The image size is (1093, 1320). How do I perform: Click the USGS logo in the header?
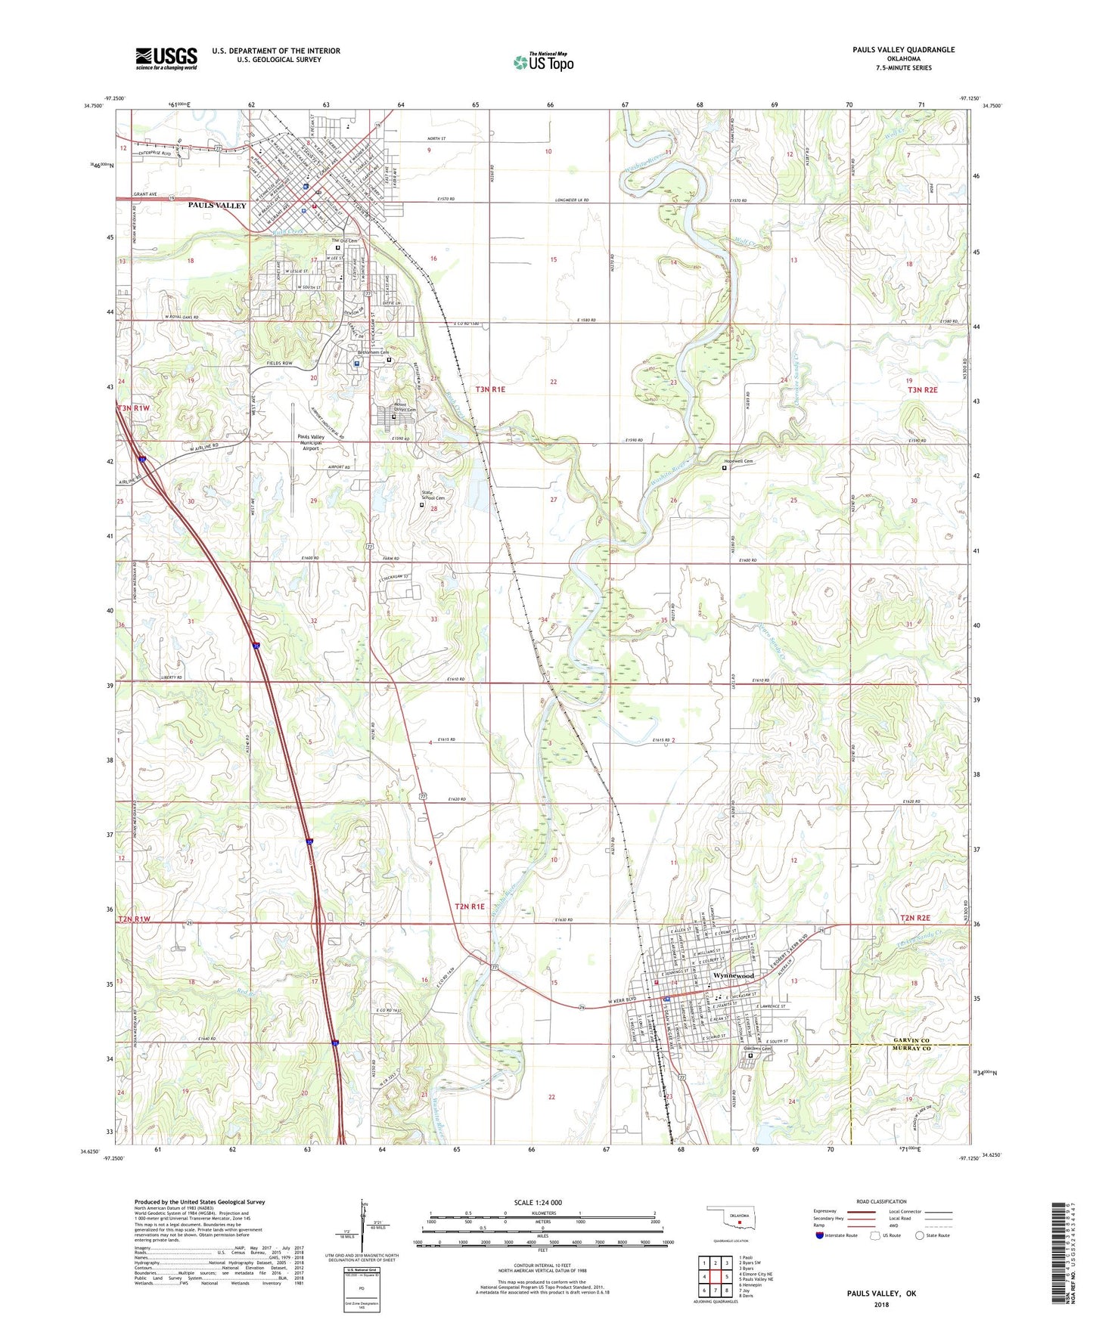tap(166, 58)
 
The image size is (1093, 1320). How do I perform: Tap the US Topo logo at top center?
tap(543, 62)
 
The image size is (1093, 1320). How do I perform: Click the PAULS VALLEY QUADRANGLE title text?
tap(903, 50)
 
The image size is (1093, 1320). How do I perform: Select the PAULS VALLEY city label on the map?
tap(217, 206)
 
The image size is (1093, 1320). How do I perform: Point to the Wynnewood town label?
tap(733, 976)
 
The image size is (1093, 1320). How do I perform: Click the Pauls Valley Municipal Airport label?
tap(321, 442)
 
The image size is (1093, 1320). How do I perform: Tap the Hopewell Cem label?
tap(738, 461)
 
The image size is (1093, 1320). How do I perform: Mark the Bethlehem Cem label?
tap(374, 352)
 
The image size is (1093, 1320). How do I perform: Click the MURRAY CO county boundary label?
tap(914, 1049)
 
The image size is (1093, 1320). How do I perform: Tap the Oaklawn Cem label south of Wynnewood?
tap(756, 1049)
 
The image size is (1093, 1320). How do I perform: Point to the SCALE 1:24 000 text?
tap(537, 1203)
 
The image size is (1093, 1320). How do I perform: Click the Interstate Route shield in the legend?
tap(820, 1235)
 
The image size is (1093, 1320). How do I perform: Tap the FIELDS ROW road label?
tap(279, 364)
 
